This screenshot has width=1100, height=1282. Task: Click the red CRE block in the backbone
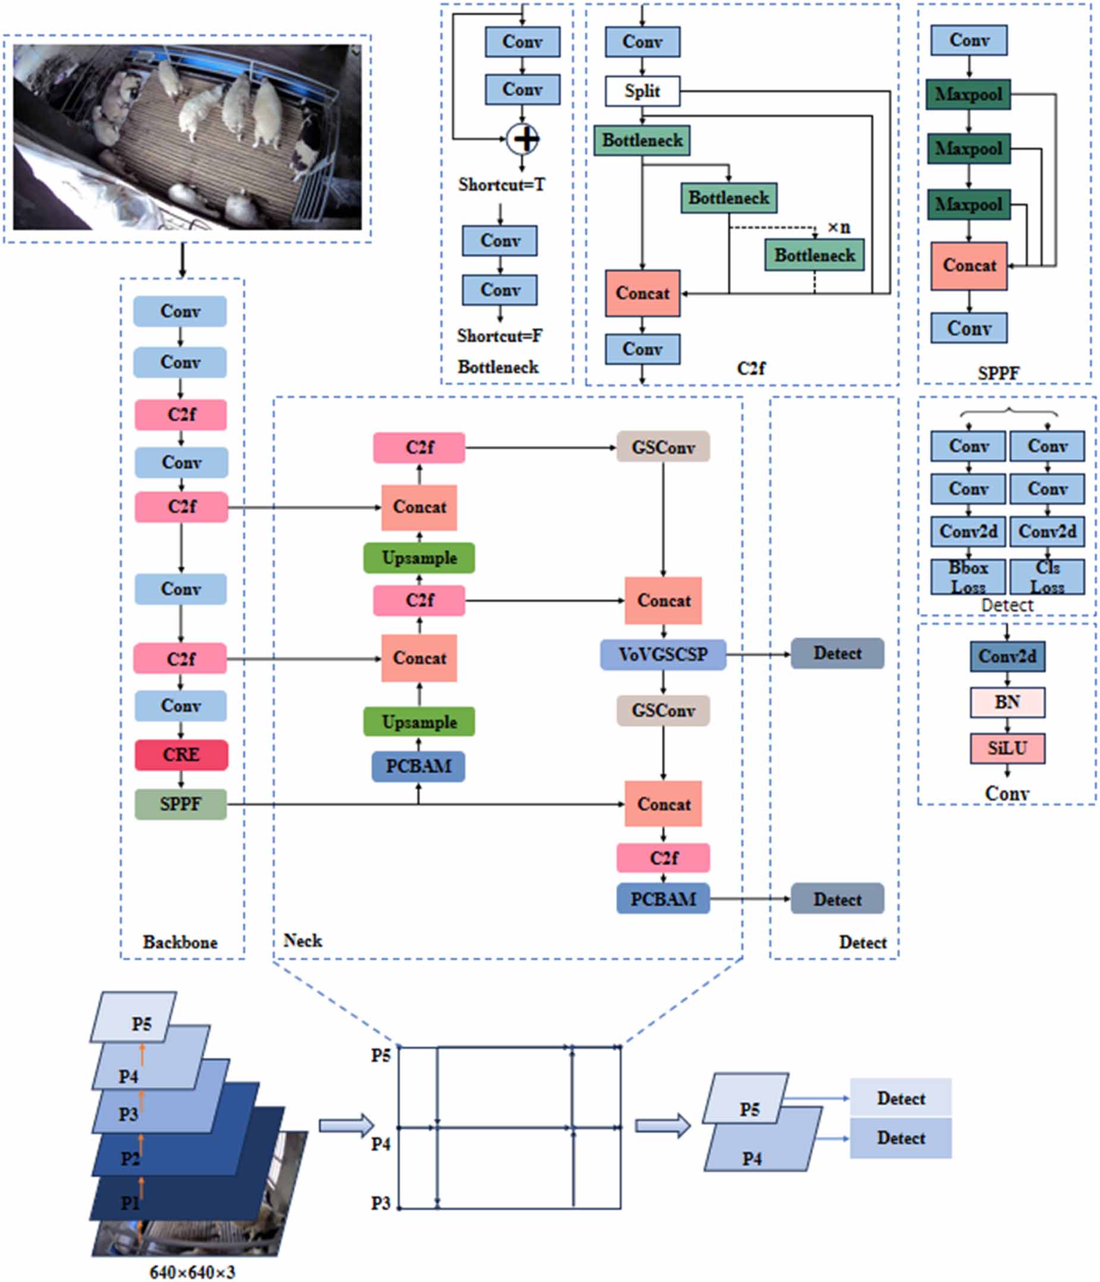pyautogui.click(x=181, y=755)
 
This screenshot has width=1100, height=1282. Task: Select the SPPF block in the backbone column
pyautogui.click(x=181, y=804)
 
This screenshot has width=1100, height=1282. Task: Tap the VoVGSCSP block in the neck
pyautogui.click(x=663, y=654)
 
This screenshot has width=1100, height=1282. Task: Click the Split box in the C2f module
pyautogui.click(x=642, y=91)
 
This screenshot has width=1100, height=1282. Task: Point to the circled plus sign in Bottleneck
pyautogui.click(x=523, y=139)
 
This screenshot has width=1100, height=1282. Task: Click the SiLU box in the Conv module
pyautogui.click(x=1007, y=749)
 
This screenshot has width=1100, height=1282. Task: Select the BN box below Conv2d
pyautogui.click(x=1007, y=703)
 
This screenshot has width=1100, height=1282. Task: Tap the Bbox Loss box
pyautogui.click(x=968, y=577)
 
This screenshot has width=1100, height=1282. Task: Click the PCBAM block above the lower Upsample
pyautogui.click(x=419, y=767)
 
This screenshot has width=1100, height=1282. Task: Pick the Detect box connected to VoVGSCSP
pyautogui.click(x=837, y=653)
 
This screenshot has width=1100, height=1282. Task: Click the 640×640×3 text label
pyautogui.click(x=193, y=1272)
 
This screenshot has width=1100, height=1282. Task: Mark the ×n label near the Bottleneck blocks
pyautogui.click(x=839, y=228)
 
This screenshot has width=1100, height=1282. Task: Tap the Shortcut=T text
pyautogui.click(x=501, y=184)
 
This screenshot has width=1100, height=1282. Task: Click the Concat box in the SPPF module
pyautogui.click(x=969, y=266)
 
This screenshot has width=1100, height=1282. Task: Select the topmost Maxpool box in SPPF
pyautogui.click(x=968, y=94)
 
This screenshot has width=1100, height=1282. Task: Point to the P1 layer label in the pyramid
pyautogui.click(x=130, y=1203)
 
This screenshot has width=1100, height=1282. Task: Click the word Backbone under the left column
pyautogui.click(x=180, y=942)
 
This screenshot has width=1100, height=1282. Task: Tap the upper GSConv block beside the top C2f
pyautogui.click(x=663, y=447)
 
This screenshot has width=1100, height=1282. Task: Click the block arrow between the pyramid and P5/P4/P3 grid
pyautogui.click(x=346, y=1125)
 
